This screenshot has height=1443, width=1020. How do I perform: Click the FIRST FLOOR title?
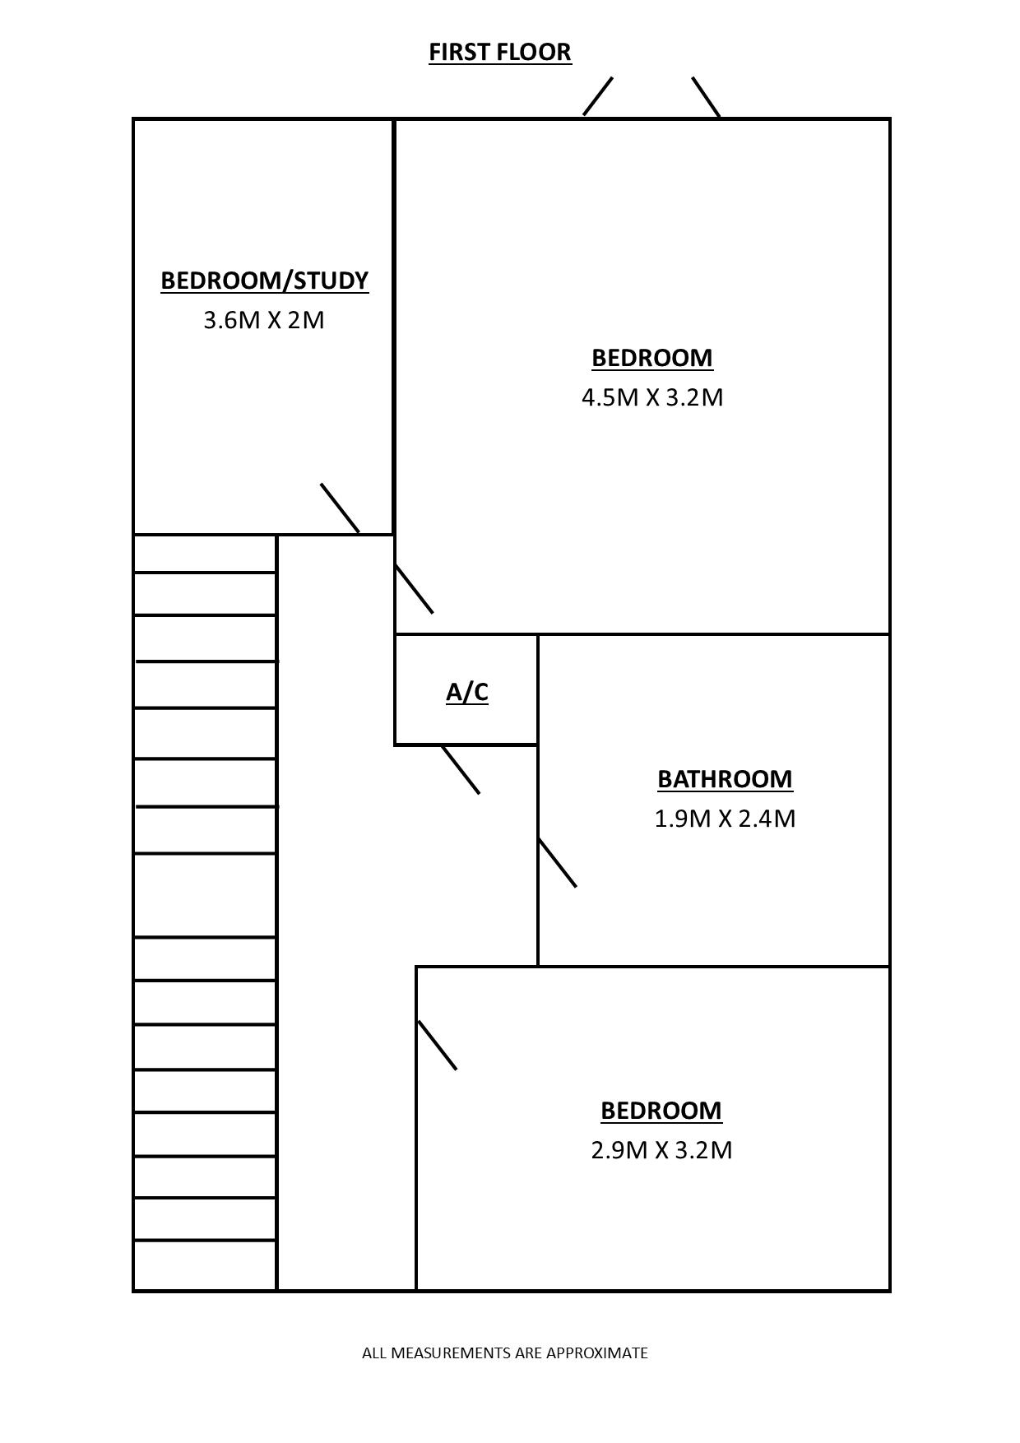click(x=500, y=52)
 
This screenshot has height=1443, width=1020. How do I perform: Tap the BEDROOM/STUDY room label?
click(x=264, y=281)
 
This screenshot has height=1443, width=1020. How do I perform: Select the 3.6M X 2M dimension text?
click(x=264, y=320)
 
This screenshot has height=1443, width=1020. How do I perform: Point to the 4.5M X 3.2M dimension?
click(x=652, y=397)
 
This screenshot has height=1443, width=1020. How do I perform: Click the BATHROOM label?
click(x=725, y=779)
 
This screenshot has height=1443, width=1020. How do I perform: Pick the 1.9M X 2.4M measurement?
click(x=725, y=819)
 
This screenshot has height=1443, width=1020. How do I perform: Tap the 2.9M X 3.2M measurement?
click(x=661, y=1150)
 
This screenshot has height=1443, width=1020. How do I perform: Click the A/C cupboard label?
click(x=467, y=693)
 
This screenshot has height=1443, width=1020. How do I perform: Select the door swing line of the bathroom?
click(x=558, y=863)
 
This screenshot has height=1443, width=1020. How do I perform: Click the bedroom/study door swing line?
click(x=340, y=508)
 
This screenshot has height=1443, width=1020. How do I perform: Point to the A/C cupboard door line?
click(x=461, y=770)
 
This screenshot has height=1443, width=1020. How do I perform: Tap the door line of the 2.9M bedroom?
click(x=438, y=1046)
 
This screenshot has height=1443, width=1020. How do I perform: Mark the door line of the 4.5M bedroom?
click(x=415, y=589)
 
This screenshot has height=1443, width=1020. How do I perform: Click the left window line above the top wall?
click(x=598, y=96)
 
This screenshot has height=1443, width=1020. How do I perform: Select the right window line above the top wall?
click(x=706, y=97)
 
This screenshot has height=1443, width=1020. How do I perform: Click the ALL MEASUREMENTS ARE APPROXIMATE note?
click(x=505, y=1353)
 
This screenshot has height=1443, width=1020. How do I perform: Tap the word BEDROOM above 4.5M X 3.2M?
click(x=652, y=359)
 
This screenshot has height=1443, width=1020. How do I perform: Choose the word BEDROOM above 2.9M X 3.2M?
click(x=661, y=1111)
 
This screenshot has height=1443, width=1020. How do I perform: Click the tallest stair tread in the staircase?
click(x=205, y=896)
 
